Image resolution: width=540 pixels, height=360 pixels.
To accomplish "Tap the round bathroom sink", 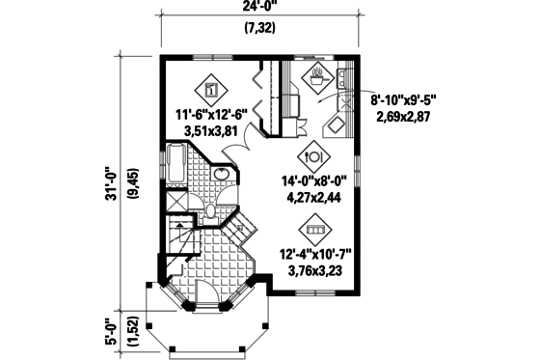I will [x=221, y=175].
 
